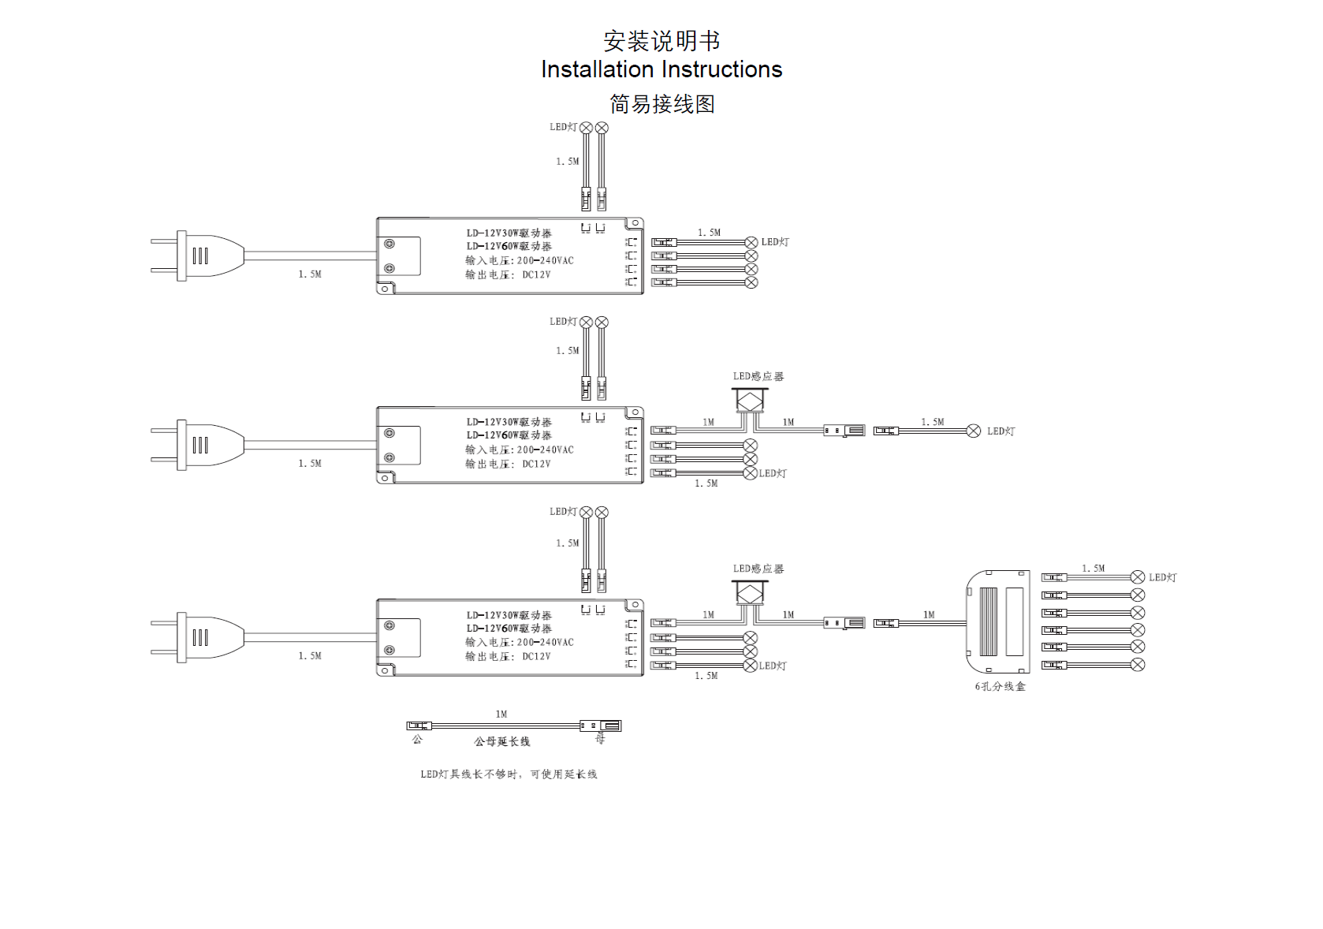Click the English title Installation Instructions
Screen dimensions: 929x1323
(x=661, y=69)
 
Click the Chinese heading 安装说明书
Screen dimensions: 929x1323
(x=661, y=40)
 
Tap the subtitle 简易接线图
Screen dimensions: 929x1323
(x=661, y=104)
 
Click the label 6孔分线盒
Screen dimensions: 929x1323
(x=1000, y=687)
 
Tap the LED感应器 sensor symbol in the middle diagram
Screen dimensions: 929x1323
(x=751, y=399)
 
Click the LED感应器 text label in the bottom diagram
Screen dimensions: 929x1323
(x=758, y=569)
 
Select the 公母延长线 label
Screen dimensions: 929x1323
(x=501, y=742)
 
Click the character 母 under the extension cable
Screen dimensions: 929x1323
(x=600, y=740)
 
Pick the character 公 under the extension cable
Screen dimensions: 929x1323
(x=417, y=740)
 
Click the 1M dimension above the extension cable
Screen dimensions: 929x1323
(x=501, y=714)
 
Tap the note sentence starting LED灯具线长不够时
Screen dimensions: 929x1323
(x=509, y=774)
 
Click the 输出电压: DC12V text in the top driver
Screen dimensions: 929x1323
(x=508, y=275)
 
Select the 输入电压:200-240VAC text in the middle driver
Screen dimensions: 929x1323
(x=519, y=450)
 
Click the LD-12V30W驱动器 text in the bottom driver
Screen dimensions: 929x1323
(x=509, y=615)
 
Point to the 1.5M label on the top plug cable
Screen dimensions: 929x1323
(x=310, y=274)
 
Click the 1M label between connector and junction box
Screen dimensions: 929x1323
(x=929, y=615)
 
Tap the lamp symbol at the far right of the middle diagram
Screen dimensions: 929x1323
(x=974, y=431)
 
